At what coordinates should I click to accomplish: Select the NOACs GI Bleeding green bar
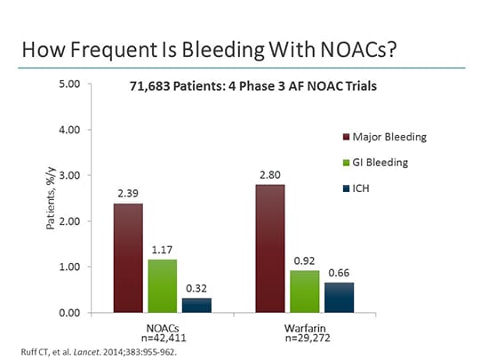(163, 285)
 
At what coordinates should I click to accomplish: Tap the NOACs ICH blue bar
(197, 305)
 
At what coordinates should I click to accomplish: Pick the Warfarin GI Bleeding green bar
(306, 291)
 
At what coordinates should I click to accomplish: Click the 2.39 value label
(127, 193)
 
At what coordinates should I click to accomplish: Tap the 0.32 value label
(197, 288)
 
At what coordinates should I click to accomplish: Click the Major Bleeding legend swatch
(347, 137)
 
